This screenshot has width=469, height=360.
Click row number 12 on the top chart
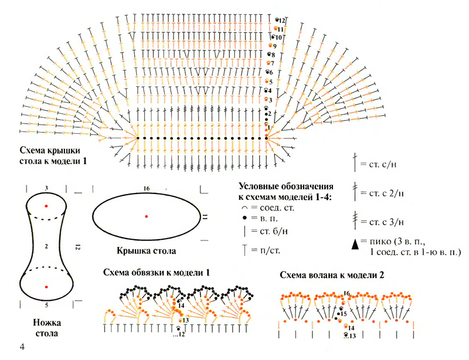(x=282, y=21)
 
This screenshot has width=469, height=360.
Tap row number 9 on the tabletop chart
(x=274, y=46)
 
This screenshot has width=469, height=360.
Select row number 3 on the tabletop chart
(x=270, y=100)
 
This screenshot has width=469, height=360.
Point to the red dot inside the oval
(x=147, y=216)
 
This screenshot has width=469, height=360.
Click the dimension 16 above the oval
(x=147, y=188)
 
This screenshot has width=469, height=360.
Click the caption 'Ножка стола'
(x=46, y=328)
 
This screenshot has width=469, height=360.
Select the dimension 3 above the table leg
(x=46, y=189)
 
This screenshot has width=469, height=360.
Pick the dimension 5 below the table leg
(x=46, y=305)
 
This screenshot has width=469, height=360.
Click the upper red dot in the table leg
(x=47, y=206)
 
